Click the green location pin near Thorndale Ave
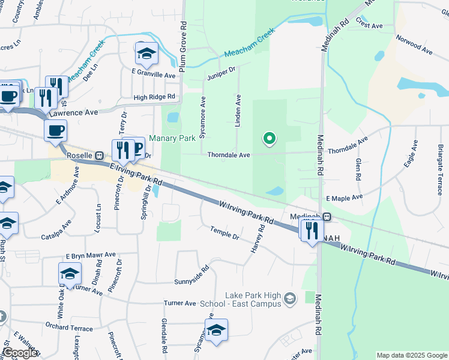click(270, 139)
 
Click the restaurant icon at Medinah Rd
click(311, 230)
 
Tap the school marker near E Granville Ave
click(146, 54)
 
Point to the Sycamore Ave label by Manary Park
click(203, 118)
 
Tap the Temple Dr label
click(224, 233)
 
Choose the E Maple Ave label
click(345, 197)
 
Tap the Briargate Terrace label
click(441, 161)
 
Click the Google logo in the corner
click(20, 353)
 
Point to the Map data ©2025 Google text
click(411, 355)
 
